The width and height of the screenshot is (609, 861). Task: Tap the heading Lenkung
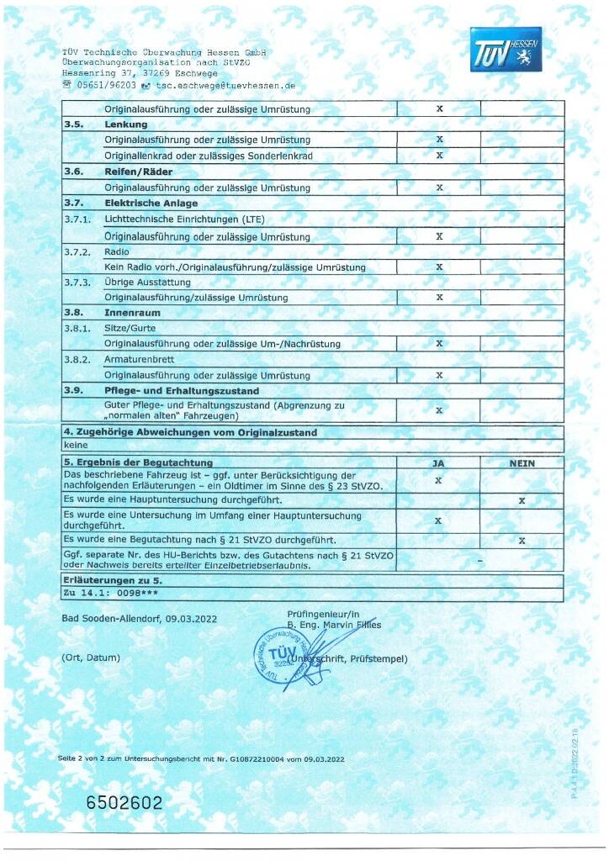click(x=125, y=124)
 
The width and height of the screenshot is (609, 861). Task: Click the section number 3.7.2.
click(x=77, y=251)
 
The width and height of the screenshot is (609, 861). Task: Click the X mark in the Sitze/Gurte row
click(x=438, y=343)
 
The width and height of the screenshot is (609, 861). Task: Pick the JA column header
click(x=437, y=462)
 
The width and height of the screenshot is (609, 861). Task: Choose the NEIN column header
click(x=522, y=462)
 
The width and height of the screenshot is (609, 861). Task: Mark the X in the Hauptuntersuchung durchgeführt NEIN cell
click(x=522, y=500)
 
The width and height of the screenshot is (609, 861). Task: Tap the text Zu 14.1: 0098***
click(x=105, y=594)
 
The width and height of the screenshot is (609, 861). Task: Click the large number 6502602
click(x=124, y=803)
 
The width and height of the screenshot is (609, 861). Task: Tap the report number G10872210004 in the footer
click(x=241, y=759)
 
